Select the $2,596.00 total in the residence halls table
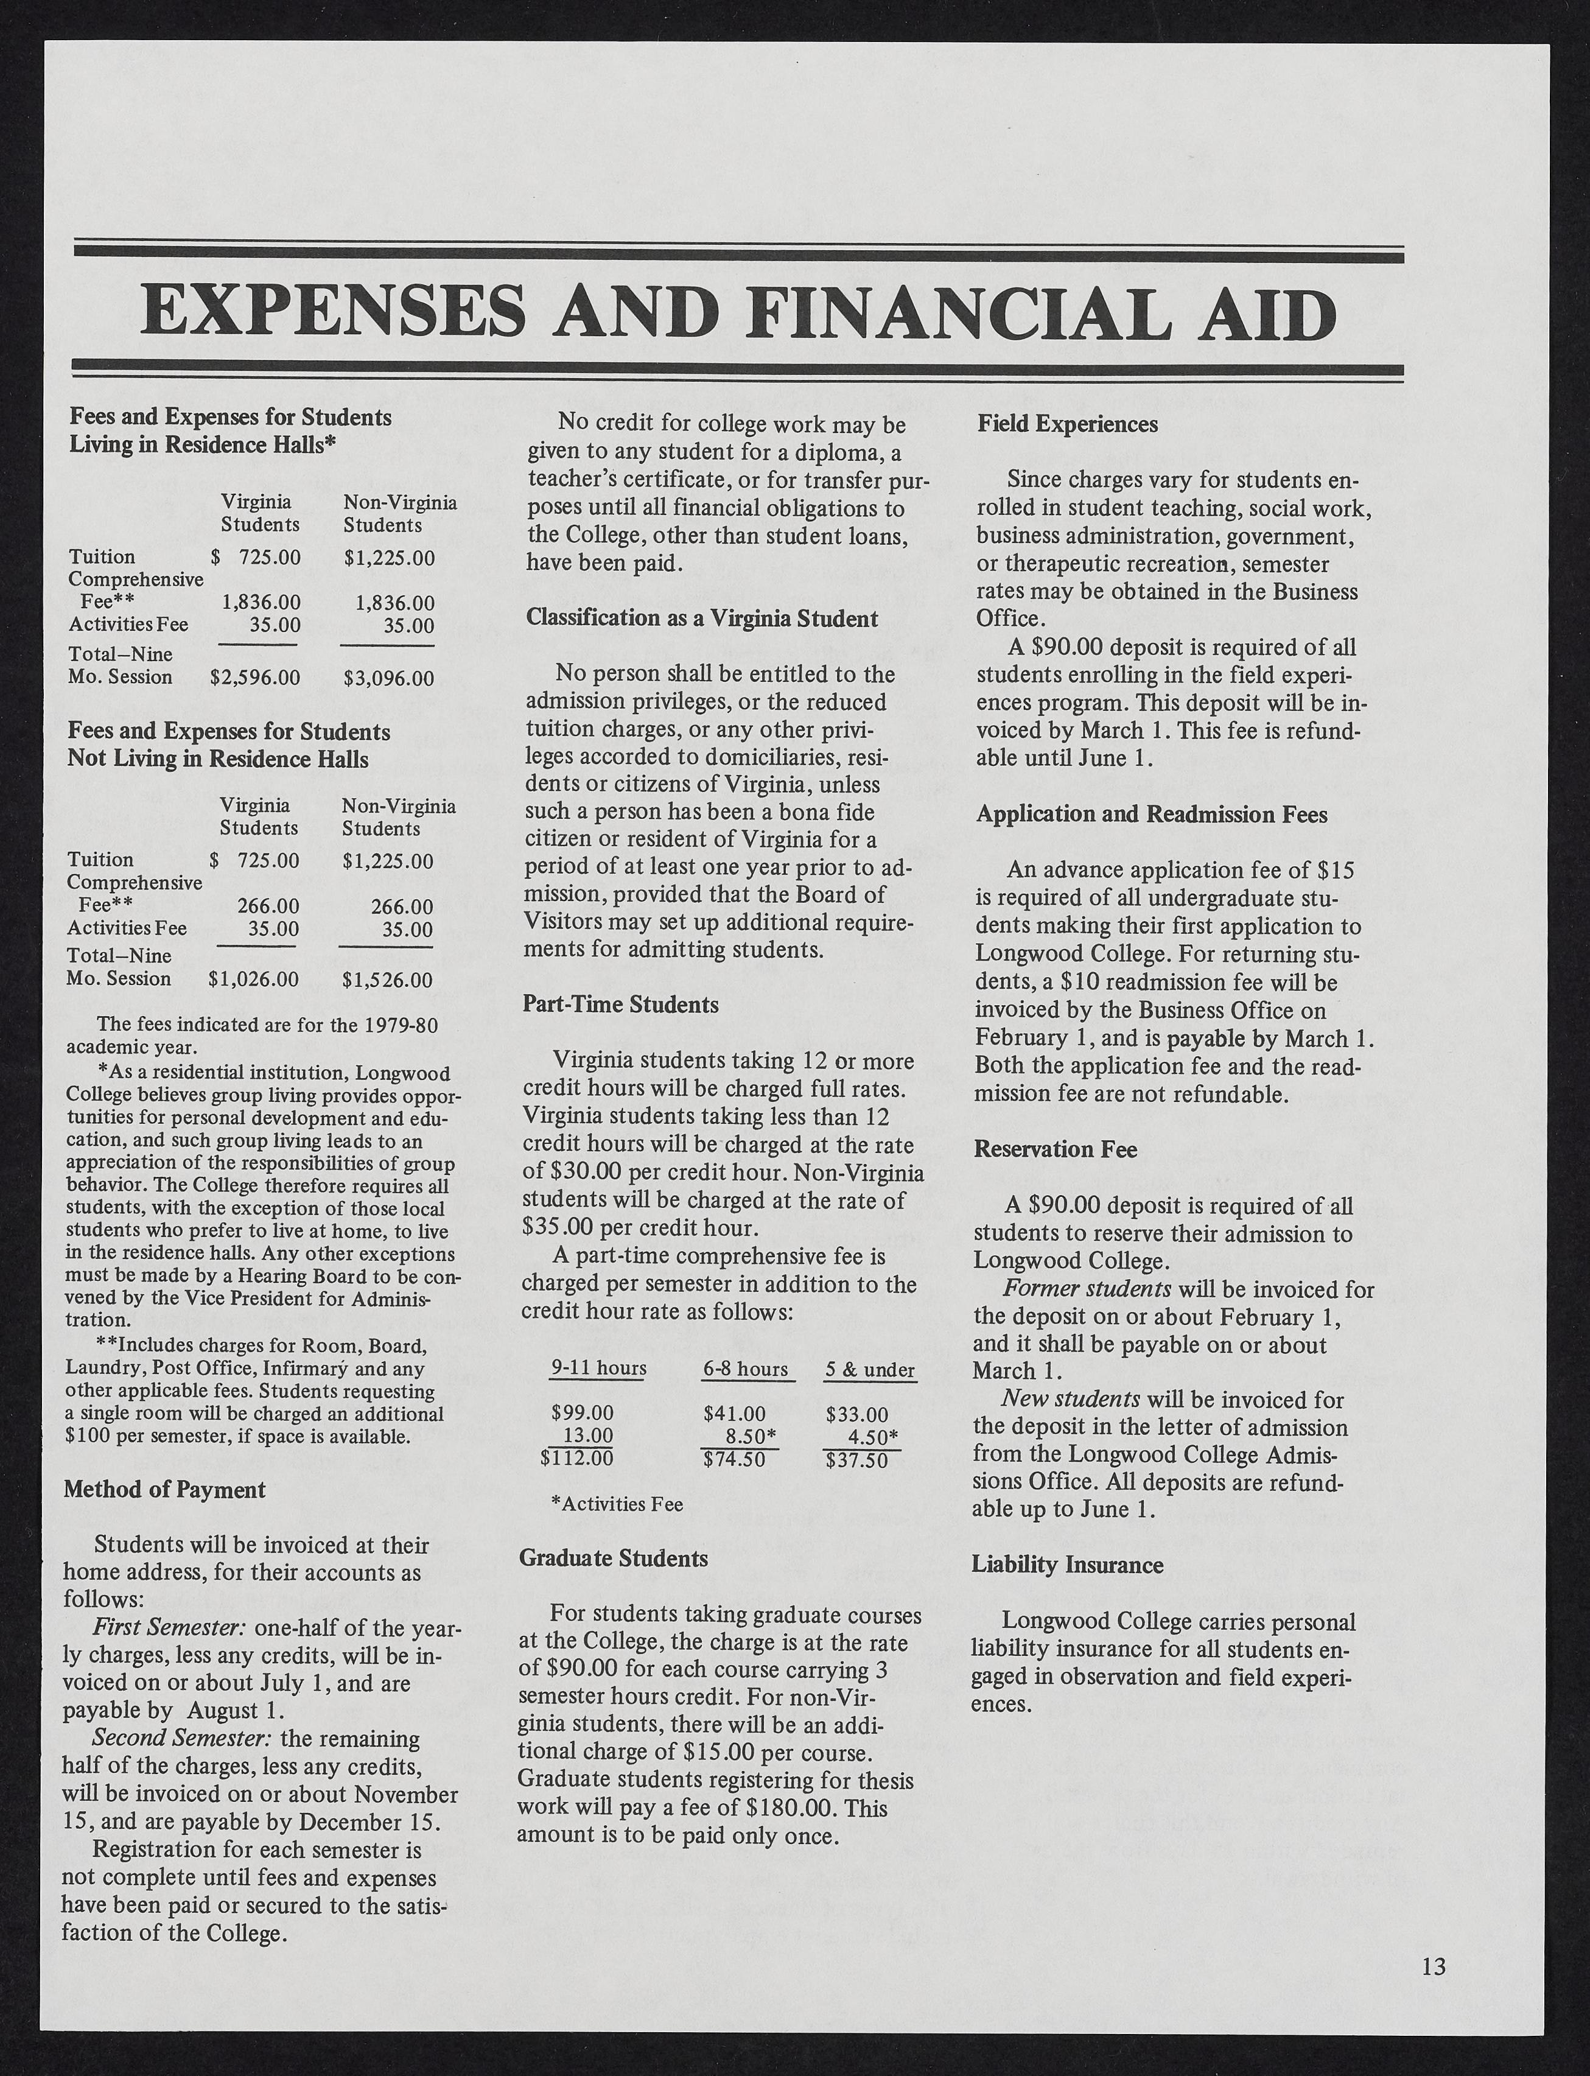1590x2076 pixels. click(254, 678)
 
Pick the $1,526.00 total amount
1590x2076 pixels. click(387, 980)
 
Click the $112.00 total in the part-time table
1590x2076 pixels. click(576, 1459)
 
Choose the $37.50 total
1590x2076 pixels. click(856, 1461)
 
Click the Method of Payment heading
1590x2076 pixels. click(165, 1490)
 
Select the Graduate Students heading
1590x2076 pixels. click(613, 1558)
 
